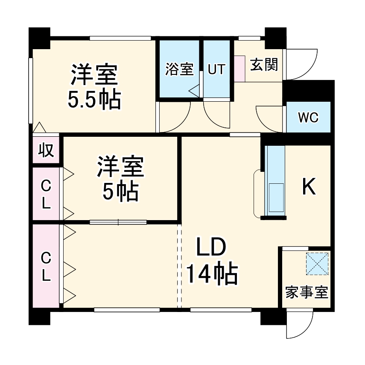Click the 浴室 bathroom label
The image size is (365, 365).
pyautogui.click(x=179, y=69)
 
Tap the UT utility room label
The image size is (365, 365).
pyautogui.click(x=216, y=69)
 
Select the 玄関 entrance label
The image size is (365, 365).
pyautogui.click(x=264, y=65)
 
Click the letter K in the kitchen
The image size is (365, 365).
pyautogui.click(x=309, y=187)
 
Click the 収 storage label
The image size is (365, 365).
pyautogui.click(x=46, y=150)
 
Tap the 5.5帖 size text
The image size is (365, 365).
pyautogui.click(x=94, y=100)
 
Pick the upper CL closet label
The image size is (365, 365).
pyautogui.click(x=46, y=194)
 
